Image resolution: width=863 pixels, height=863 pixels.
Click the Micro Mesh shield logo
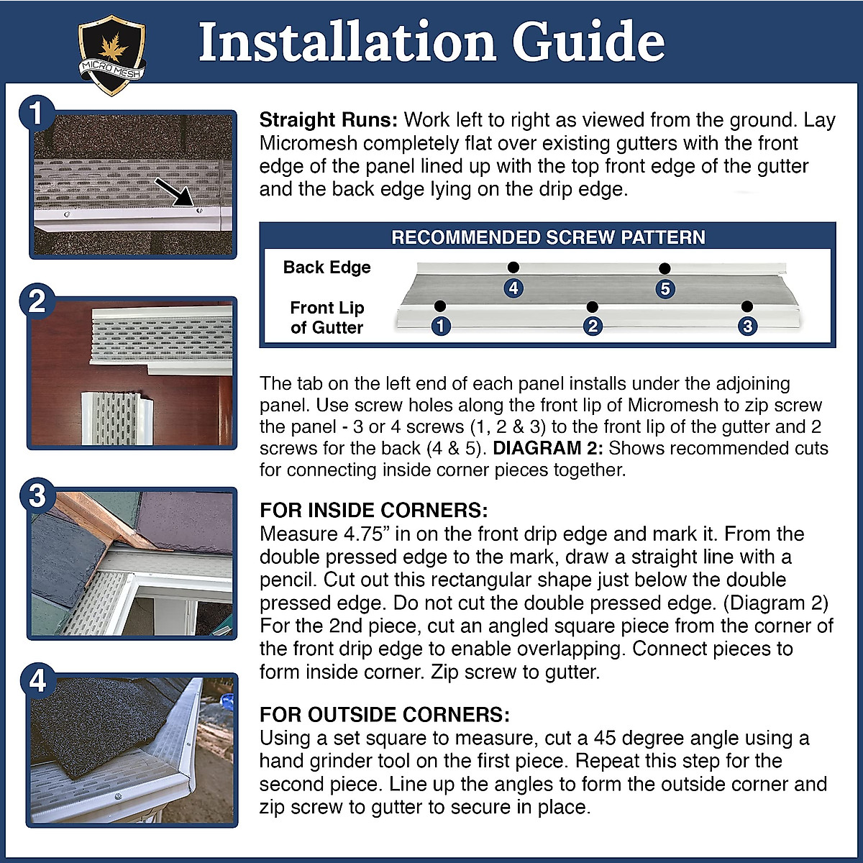tap(111, 54)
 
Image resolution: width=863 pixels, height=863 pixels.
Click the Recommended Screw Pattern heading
tap(548, 237)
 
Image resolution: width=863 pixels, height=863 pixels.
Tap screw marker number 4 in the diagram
tap(513, 288)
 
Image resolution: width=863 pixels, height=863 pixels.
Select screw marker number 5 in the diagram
tap(665, 289)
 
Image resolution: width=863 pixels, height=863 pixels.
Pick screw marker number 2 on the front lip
tap(592, 326)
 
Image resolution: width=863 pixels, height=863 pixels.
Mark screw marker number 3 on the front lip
tap(747, 326)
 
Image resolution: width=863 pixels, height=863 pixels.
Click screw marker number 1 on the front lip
tap(440, 326)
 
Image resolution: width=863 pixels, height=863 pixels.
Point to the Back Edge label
tap(327, 268)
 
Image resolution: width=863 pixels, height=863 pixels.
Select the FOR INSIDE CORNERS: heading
tap(374, 511)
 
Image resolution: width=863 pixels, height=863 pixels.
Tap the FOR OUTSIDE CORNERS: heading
tap(385, 715)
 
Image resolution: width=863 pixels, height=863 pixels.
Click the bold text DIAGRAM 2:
tap(547, 448)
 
